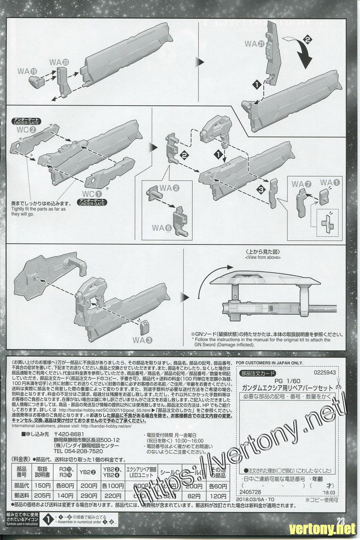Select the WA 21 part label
(254, 44)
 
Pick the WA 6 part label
(162, 228)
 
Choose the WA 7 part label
(301, 184)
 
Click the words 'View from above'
(263, 257)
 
